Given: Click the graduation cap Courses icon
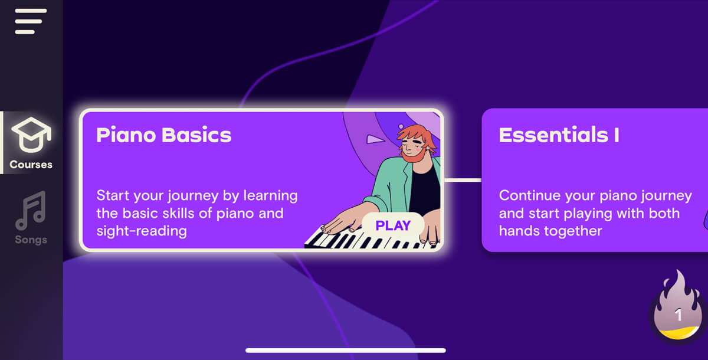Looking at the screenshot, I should click(31, 136).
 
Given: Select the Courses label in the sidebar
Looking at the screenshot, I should click(31, 165).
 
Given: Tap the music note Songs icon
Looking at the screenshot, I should click(31, 211).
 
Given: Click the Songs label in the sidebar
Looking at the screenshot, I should click(31, 240).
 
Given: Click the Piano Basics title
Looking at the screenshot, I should click(163, 135).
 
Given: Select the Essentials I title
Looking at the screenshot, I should click(559, 135).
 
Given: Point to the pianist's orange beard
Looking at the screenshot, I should click(412, 155).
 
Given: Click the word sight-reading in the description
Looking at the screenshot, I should click(142, 230).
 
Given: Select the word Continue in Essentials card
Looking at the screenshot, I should click(526, 195).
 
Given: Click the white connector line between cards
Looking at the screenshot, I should click(463, 180).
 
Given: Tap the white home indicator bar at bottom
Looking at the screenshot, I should click(345, 351).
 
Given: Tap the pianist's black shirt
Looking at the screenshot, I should click(425, 189).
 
